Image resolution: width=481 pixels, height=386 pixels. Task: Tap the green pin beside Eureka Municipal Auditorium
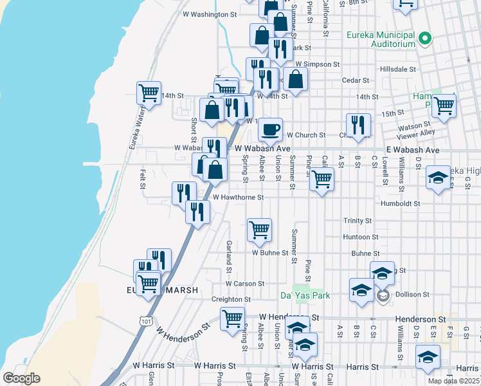pyautogui.click(x=424, y=39)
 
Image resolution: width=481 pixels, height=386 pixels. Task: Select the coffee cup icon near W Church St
pyautogui.click(x=271, y=129)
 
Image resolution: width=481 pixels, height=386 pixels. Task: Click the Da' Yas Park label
pyautogui.click(x=305, y=295)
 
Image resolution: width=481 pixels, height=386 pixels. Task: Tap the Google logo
pyautogui.click(x=21, y=378)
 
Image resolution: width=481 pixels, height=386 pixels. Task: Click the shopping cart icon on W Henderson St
pyautogui.click(x=232, y=318)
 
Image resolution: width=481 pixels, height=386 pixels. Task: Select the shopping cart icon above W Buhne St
pyautogui.click(x=259, y=229)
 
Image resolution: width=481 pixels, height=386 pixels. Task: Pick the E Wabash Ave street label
pyautogui.click(x=413, y=150)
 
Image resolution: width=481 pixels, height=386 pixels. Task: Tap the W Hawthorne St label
pyautogui.click(x=238, y=198)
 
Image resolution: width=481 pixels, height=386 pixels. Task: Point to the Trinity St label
pyautogui.click(x=358, y=221)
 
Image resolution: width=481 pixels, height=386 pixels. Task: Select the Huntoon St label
pyautogui.click(x=360, y=237)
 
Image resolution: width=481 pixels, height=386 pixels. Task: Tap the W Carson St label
pyautogui.click(x=245, y=284)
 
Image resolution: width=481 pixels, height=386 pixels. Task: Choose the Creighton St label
pyautogui.click(x=231, y=300)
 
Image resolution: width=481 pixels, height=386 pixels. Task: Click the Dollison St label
pyautogui.click(x=413, y=295)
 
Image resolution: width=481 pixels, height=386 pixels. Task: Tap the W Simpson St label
pyautogui.click(x=317, y=64)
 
